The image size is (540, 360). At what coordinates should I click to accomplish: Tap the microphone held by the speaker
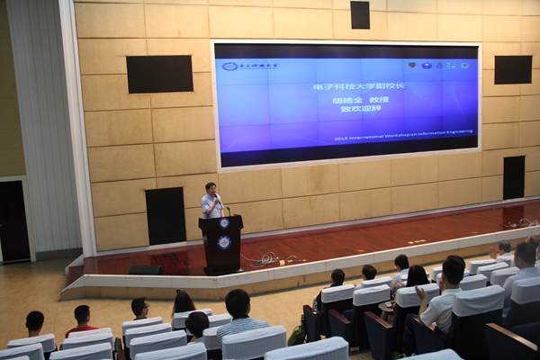click(x=216, y=196)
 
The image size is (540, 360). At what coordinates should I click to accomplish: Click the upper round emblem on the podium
click(x=223, y=223)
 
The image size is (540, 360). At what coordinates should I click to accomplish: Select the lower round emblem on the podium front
click(x=223, y=242)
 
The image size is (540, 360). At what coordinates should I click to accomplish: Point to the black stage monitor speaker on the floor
click(x=146, y=270)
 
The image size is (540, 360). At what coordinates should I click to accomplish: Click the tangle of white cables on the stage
click(x=265, y=260)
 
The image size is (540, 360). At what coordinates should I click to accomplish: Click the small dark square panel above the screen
click(x=360, y=14)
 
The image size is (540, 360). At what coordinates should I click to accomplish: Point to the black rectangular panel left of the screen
click(x=159, y=74)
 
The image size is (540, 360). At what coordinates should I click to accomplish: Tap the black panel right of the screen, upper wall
click(x=513, y=69)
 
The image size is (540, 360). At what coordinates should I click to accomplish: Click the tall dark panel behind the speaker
click(x=166, y=216)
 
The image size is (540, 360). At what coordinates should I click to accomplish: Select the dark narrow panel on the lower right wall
click(x=513, y=177)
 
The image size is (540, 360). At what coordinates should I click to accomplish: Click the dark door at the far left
click(x=13, y=221)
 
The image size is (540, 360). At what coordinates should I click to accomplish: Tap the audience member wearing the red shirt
click(x=82, y=320)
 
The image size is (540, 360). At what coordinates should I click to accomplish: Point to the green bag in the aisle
click(x=296, y=335)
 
